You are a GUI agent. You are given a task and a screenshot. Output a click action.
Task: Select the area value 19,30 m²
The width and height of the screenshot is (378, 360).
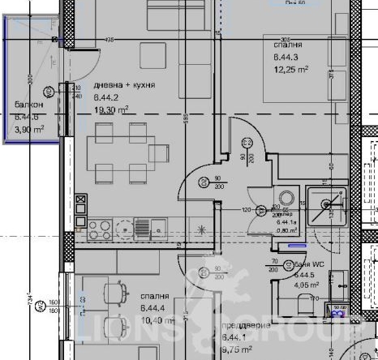click(112, 109)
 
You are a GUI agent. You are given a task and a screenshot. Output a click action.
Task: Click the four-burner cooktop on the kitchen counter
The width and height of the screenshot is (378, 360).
click(102, 229)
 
